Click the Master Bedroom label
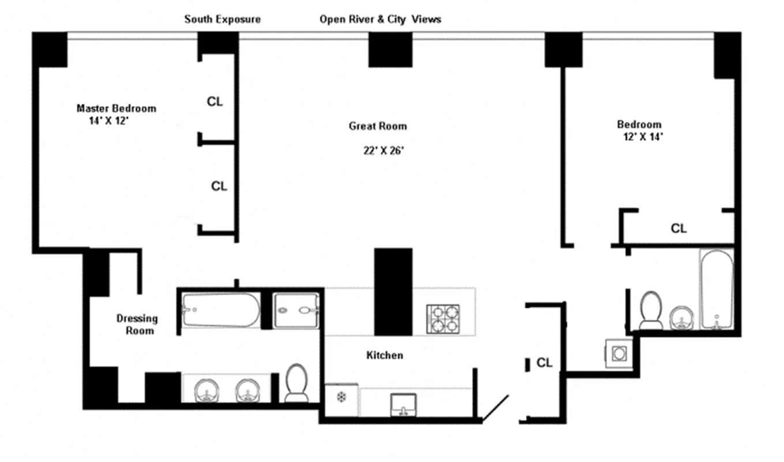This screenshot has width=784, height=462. pos(116,108)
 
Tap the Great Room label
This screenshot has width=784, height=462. pos(377,126)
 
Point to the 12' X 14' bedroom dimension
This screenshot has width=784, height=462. pos(640,137)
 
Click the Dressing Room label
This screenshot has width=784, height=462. pos(137,324)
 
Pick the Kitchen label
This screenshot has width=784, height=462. pos(385,355)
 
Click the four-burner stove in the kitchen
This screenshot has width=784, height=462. pos(443,318)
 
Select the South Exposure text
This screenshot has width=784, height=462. pos(222,19)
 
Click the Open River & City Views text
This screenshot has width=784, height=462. pos(380,19)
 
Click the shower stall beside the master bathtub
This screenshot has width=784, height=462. pos(296,311)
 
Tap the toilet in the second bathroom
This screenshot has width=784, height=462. pos(651,310)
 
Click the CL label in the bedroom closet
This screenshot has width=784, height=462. pos(678,229)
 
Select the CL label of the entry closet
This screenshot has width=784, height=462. pos(544,363)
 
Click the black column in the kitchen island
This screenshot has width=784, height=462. pos(393,292)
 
